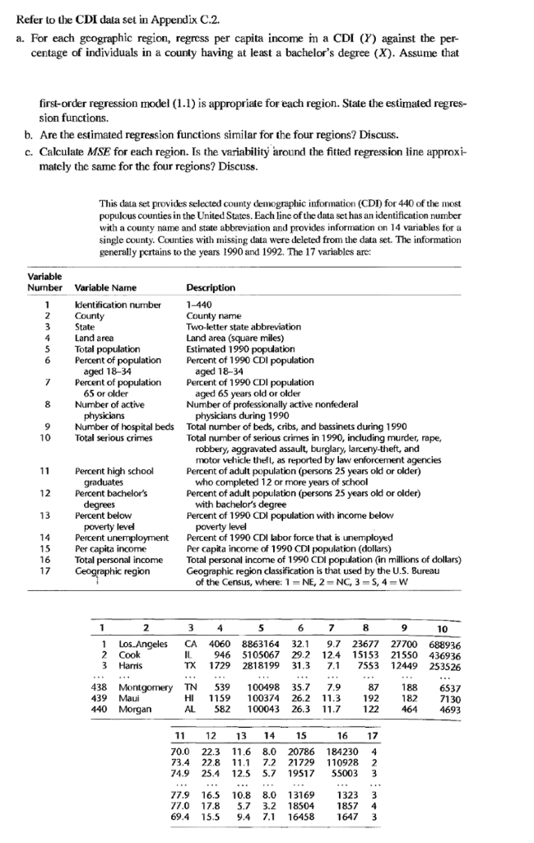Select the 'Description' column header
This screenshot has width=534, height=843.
click(x=211, y=287)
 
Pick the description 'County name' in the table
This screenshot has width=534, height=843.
click(x=212, y=315)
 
